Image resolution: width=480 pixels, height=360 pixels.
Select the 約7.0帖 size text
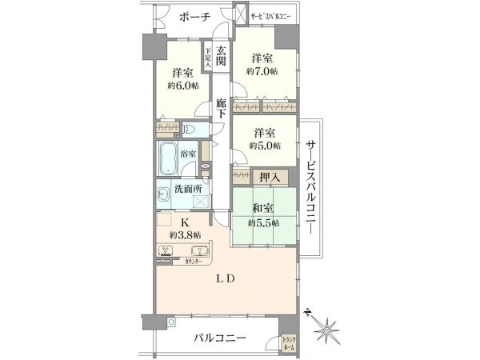(262, 72)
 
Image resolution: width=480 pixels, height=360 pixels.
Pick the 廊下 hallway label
(222, 110)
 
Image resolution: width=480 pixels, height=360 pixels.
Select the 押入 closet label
(270, 177)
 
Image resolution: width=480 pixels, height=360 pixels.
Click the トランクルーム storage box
(289, 343)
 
